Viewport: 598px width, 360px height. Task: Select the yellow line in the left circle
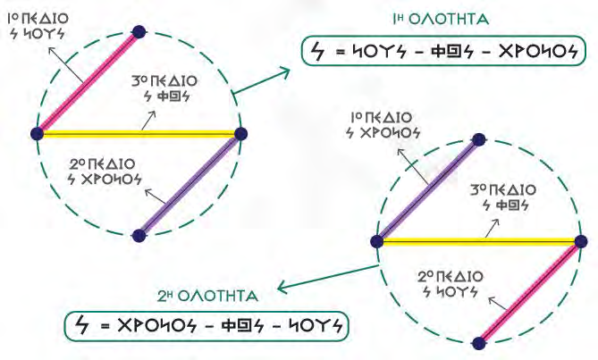coord(139,134)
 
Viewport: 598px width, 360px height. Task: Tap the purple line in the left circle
coord(189,185)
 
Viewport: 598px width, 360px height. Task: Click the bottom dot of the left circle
coord(138,236)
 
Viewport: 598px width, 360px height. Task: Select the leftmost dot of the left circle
coord(37,134)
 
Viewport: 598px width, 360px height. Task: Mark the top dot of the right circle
coord(479,139)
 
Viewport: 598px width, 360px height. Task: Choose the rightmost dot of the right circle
coord(581,240)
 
